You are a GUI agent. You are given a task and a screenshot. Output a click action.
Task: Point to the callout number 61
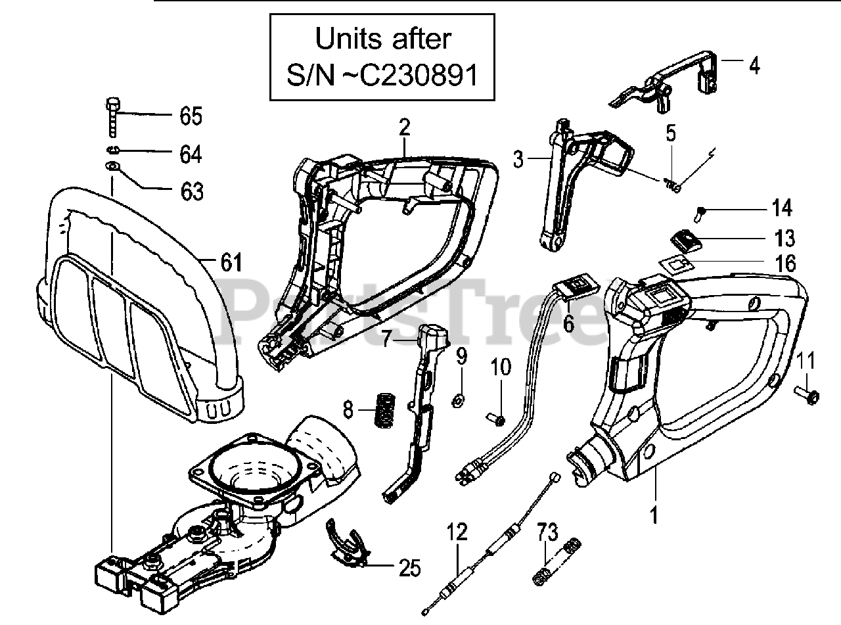[231, 263]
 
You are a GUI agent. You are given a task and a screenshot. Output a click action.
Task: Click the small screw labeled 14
[701, 212]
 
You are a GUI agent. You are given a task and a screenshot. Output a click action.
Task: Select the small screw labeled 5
[673, 186]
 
